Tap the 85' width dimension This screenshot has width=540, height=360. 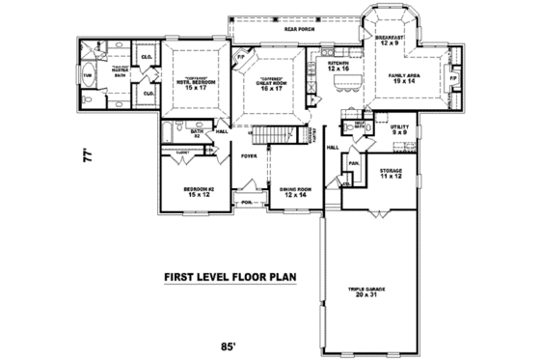tap(228, 345)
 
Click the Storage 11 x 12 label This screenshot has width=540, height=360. tap(389, 175)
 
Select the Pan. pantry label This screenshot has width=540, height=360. tap(354, 163)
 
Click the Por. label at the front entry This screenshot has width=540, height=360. tap(247, 202)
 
